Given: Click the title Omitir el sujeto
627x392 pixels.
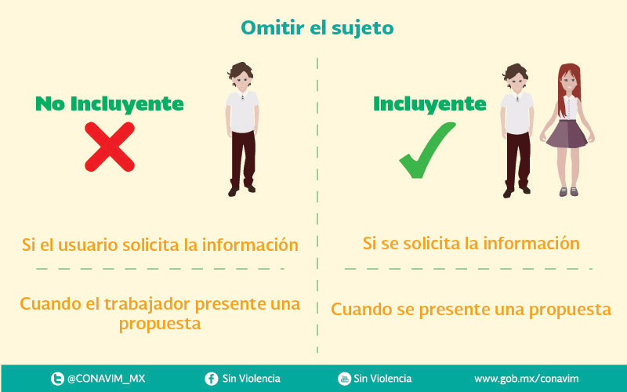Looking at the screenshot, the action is pos(317,28).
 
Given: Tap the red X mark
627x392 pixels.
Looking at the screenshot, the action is pos(110,147).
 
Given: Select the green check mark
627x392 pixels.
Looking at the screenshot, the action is pos(427,150).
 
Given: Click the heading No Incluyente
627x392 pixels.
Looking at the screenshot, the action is pos(110,103).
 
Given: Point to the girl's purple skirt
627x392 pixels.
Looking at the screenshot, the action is pos(567,133).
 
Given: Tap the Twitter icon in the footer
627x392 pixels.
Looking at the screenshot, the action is pos(57,379).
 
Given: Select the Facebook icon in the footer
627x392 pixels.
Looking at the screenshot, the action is pos(211,379).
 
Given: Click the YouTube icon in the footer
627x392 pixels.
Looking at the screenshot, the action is pos(344,379).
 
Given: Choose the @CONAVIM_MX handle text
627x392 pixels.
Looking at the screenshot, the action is pos(106,379).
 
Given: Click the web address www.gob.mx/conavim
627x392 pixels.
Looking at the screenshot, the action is pos(526,379).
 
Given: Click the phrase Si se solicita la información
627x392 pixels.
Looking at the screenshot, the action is pos(471,243).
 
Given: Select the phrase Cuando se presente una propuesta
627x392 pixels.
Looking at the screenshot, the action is pos(471,310).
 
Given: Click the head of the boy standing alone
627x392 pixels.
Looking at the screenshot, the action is pos(241,77).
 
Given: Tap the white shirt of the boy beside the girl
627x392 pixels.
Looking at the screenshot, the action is pos(516,113).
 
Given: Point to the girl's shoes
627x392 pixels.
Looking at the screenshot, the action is pos(569,191).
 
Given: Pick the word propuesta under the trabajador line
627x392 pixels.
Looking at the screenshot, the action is pos(160,325).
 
